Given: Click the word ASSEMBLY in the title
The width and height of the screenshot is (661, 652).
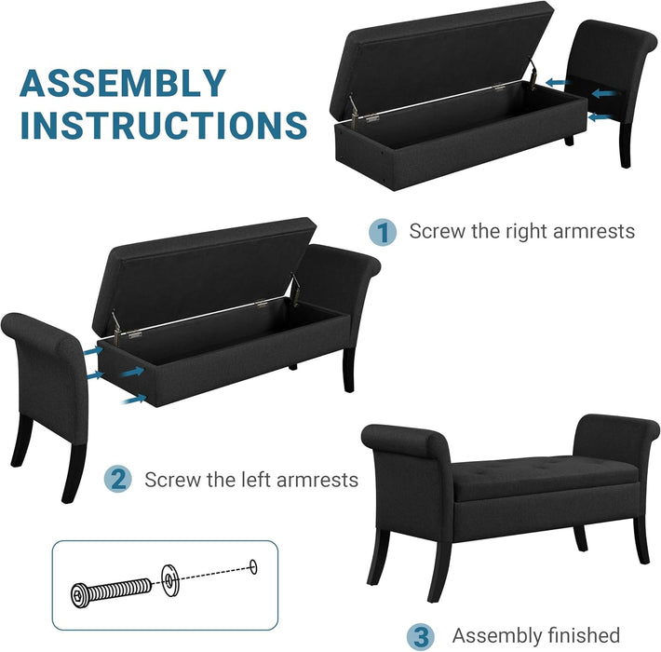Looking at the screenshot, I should [x=123, y=83].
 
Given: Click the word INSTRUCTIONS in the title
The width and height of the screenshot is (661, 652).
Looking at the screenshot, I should [x=164, y=124].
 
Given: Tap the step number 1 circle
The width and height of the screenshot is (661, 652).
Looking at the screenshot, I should [x=382, y=232].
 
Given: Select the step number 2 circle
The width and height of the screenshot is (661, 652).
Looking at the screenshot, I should [x=117, y=480].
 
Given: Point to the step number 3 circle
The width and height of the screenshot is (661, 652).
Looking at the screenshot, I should [x=421, y=635].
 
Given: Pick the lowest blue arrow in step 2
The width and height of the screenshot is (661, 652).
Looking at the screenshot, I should [x=136, y=398].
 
